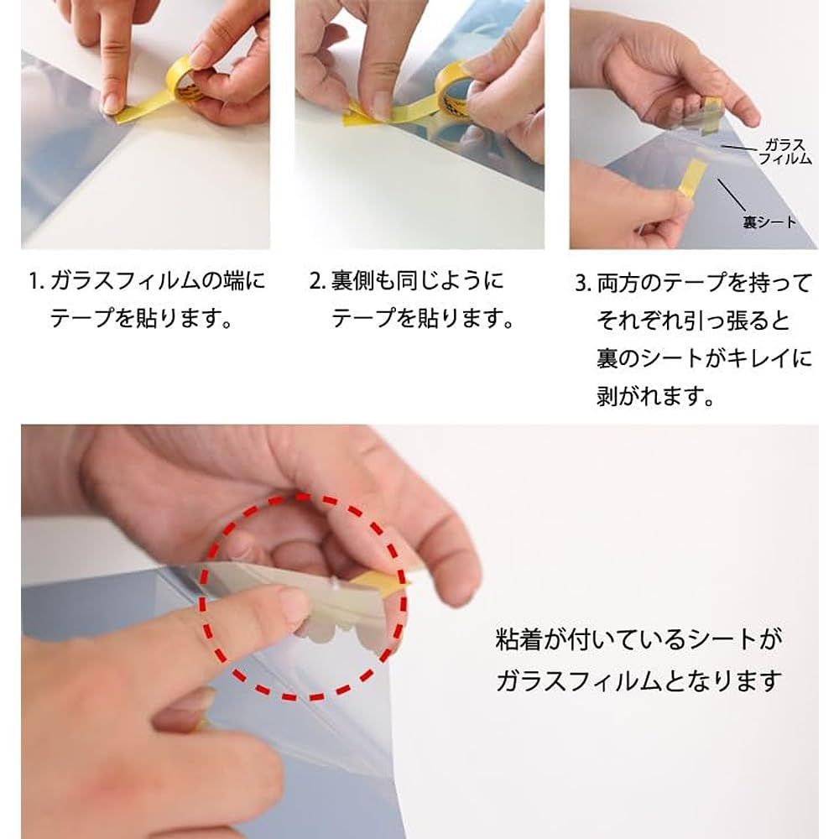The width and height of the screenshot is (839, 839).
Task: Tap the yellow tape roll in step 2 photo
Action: click(452, 86)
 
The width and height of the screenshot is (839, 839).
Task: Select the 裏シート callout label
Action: click(769, 221)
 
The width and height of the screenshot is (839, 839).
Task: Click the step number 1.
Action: click(35, 281)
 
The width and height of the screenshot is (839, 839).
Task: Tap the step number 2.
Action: click(317, 281)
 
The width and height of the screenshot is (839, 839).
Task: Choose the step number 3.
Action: click(583, 283)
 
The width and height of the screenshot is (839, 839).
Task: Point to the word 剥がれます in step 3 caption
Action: click(655, 397)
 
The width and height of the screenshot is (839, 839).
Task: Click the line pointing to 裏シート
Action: click(732, 195)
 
